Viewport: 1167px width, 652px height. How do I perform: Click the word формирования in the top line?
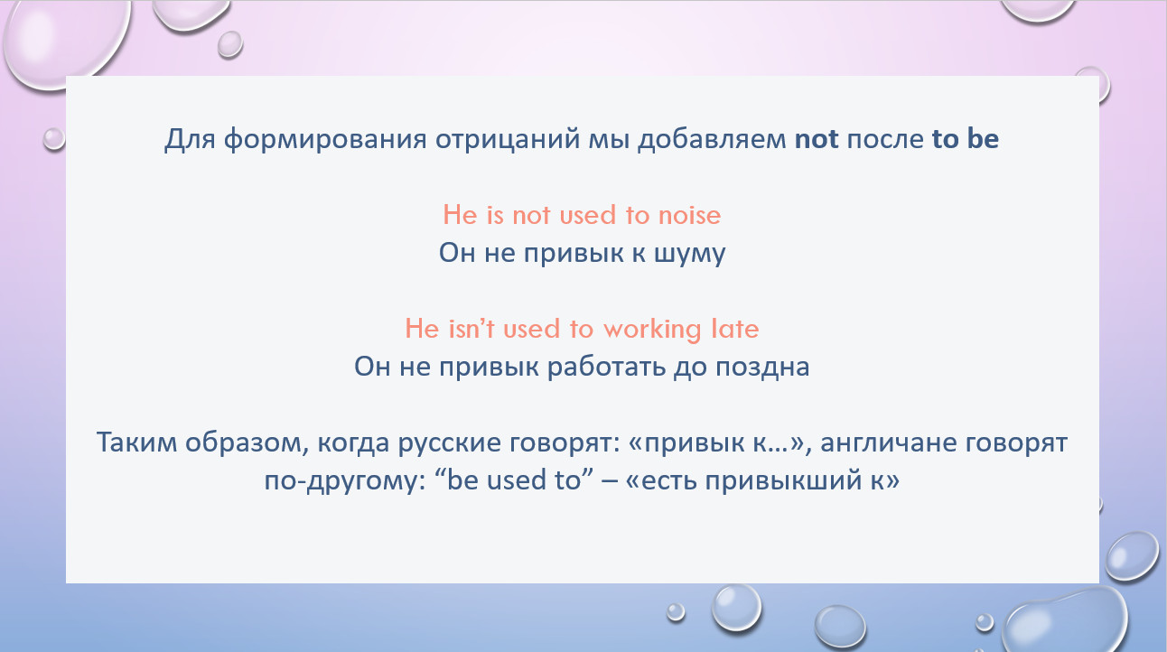tap(325, 140)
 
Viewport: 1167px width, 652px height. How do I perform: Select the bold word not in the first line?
tap(817, 139)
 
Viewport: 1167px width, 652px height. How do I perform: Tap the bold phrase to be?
tap(966, 138)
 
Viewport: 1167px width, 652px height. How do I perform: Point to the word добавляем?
tap(712, 139)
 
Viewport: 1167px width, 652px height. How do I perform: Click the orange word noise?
tap(689, 215)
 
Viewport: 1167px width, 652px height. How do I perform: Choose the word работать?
tap(606, 368)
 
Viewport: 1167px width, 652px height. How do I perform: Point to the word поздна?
tap(762, 368)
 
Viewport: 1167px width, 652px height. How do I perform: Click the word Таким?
tap(136, 442)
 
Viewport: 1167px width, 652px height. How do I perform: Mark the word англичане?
tap(889, 443)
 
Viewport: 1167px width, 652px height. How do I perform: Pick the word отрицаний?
tap(508, 140)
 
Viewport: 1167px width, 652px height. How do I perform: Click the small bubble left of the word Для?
tap(53, 139)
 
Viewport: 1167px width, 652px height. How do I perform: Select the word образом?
tap(243, 442)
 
